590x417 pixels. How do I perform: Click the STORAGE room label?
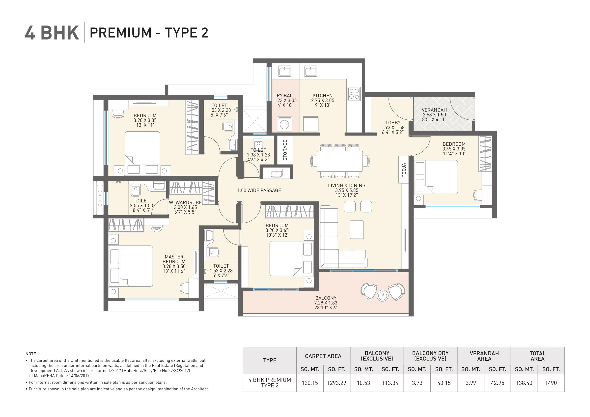click(x=285, y=150)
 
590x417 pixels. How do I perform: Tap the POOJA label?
click(x=404, y=170)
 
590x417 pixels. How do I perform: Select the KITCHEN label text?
click(x=322, y=96)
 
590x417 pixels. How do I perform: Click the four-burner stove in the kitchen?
click(x=354, y=94)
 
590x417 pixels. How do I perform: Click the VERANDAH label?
click(x=434, y=110)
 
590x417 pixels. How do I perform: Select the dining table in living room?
click(x=340, y=161)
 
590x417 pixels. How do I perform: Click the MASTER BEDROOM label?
click(x=174, y=259)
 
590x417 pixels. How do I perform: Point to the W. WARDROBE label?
click(x=185, y=202)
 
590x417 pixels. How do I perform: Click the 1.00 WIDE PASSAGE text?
click(x=259, y=190)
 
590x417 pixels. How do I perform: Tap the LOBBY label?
click(x=393, y=123)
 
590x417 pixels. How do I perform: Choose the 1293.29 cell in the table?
click(x=336, y=383)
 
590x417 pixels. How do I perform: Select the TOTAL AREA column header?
click(x=537, y=356)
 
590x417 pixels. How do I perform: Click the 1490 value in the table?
click(x=551, y=383)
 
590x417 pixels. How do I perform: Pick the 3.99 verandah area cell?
click(x=471, y=383)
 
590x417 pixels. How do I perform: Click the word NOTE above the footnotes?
click(x=32, y=354)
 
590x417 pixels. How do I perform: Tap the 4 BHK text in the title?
click(x=52, y=33)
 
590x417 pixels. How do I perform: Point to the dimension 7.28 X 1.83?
click(x=326, y=303)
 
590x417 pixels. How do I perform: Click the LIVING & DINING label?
click(x=346, y=186)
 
